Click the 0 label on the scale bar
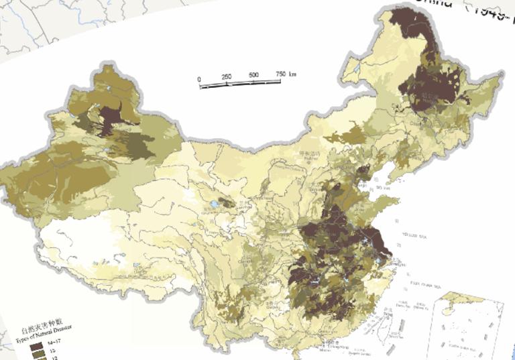coord(199,79)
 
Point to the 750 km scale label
coord(285,72)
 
